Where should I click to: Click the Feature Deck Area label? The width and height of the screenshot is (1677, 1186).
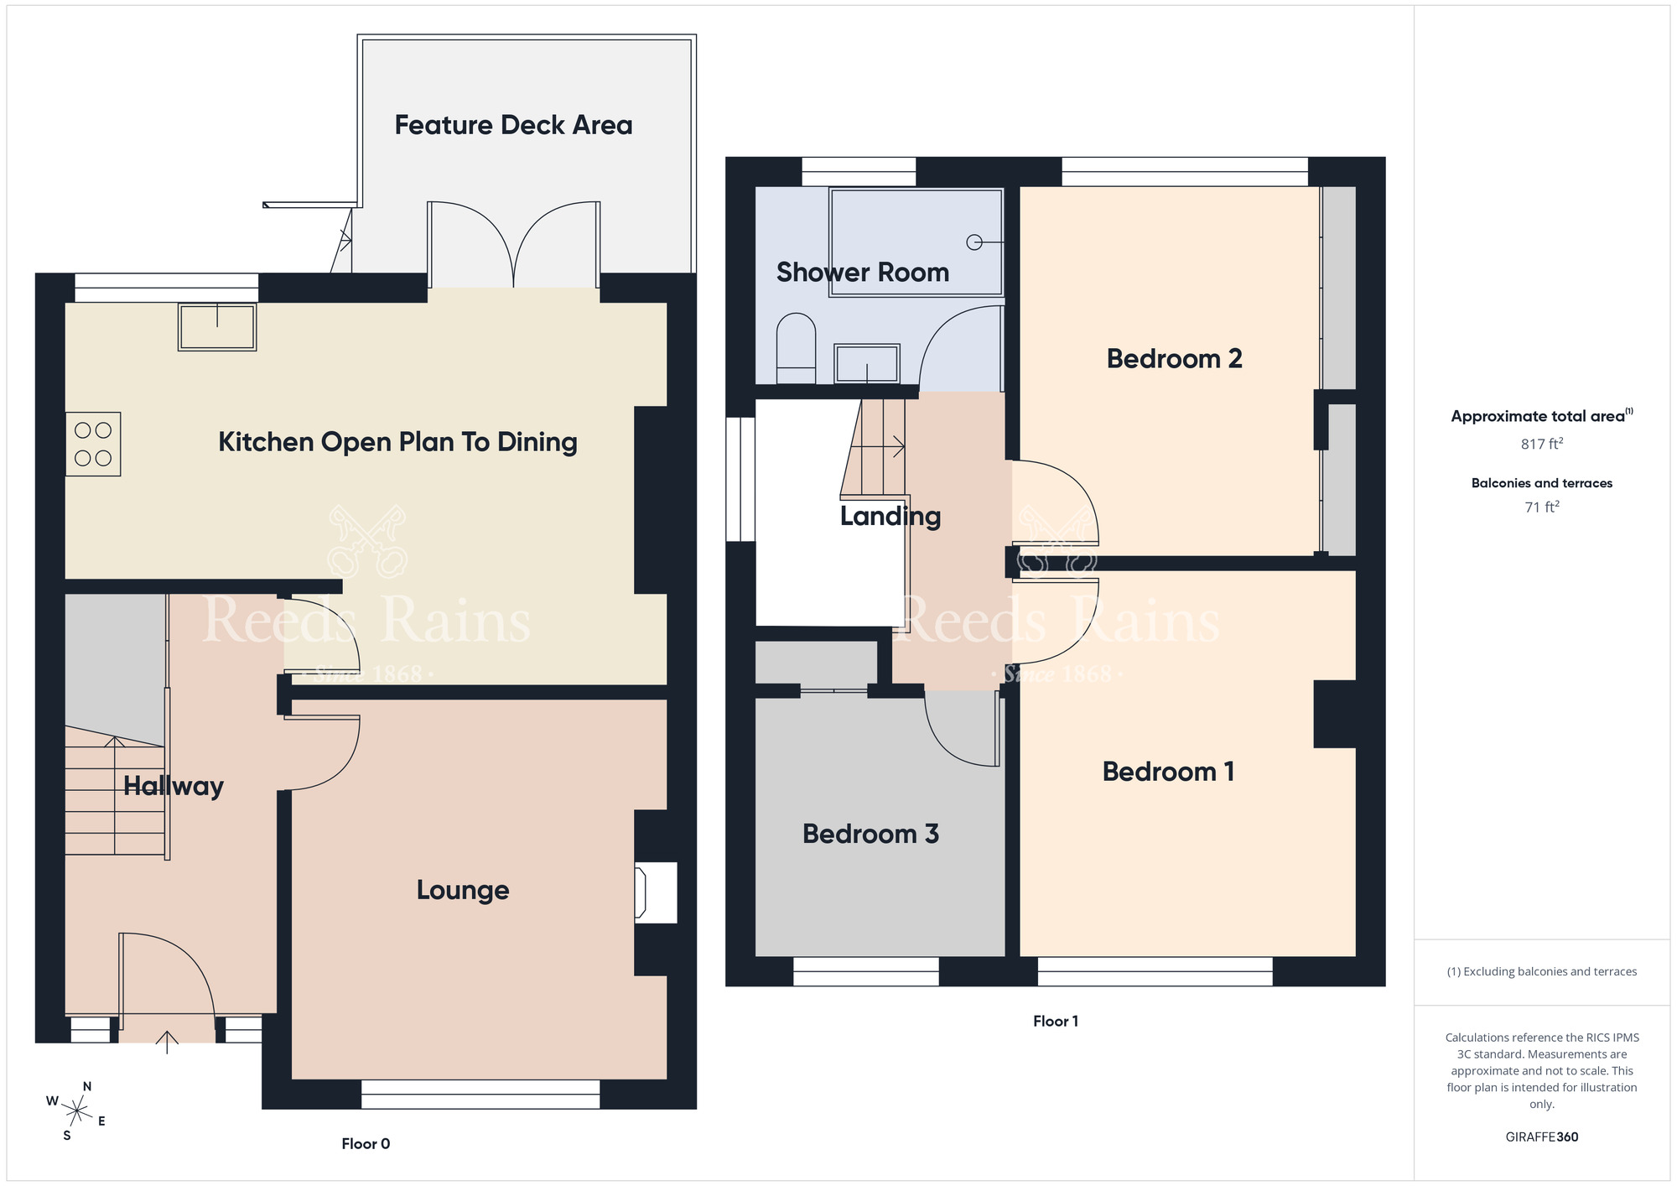[x=513, y=125]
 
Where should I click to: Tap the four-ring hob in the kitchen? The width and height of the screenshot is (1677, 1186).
[x=93, y=444]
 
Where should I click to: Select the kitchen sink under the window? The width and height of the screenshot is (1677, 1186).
[x=217, y=326]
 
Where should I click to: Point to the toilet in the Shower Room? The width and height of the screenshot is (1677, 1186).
[x=796, y=348]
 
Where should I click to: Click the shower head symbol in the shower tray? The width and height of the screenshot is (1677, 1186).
[x=974, y=242]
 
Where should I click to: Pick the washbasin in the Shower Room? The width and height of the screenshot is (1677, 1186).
[x=867, y=363]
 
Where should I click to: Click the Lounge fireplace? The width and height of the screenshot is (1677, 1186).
[x=656, y=892]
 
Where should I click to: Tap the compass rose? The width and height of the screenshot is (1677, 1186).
[x=76, y=1111]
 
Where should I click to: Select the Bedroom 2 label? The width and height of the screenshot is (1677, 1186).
[x=1174, y=359]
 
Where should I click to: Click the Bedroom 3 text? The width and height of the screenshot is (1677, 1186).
[x=870, y=834]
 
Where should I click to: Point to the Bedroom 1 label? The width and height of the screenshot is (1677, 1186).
[x=1168, y=772]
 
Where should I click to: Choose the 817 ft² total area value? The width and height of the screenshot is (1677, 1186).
[x=1542, y=444]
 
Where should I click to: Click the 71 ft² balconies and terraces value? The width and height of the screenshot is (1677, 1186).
[x=1542, y=507]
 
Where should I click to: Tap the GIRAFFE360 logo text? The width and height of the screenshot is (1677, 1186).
[x=1542, y=1137]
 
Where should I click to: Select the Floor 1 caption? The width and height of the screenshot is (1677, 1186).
[x=1056, y=1021]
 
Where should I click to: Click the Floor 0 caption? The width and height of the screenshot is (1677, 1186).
[x=366, y=1143]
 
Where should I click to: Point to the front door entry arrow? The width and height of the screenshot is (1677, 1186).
[x=167, y=1042]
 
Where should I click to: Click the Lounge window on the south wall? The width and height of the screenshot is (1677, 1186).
[x=480, y=1094]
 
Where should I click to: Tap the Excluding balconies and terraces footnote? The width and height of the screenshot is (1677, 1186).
[x=1542, y=971]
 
